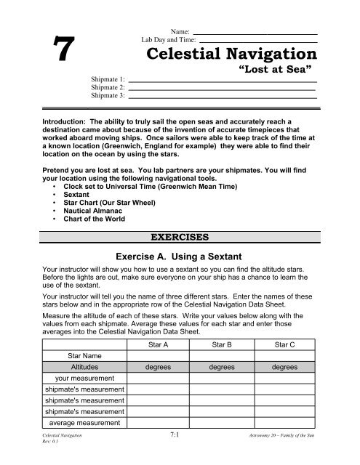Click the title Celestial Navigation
(x=231, y=54)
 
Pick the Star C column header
(x=280, y=344)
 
